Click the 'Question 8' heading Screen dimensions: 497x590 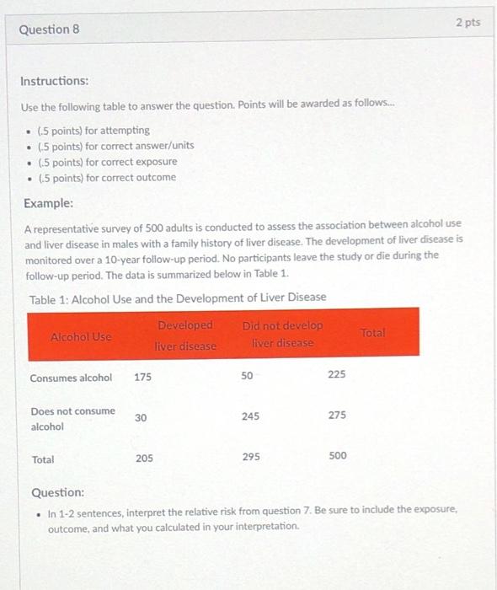coord(49,29)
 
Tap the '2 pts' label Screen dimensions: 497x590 coord(468,23)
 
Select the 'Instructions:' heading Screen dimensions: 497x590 coord(55,81)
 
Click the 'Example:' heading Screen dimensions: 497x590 coord(48,204)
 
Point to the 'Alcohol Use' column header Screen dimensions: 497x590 coord(81,336)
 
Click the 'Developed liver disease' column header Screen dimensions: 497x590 coord(185,335)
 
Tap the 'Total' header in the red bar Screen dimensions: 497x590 coord(372,334)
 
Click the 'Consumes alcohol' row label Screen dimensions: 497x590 coord(71,378)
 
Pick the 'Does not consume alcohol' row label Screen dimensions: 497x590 coord(72,418)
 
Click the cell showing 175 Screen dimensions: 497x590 coord(143,378)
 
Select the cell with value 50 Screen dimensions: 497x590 coord(246,377)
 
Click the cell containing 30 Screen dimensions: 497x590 coord(140,417)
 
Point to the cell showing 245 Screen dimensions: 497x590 coord(250,416)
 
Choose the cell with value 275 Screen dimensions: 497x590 coord(336,416)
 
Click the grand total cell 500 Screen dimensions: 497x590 coord(337,456)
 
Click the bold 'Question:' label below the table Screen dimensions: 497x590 coord(57,491)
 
